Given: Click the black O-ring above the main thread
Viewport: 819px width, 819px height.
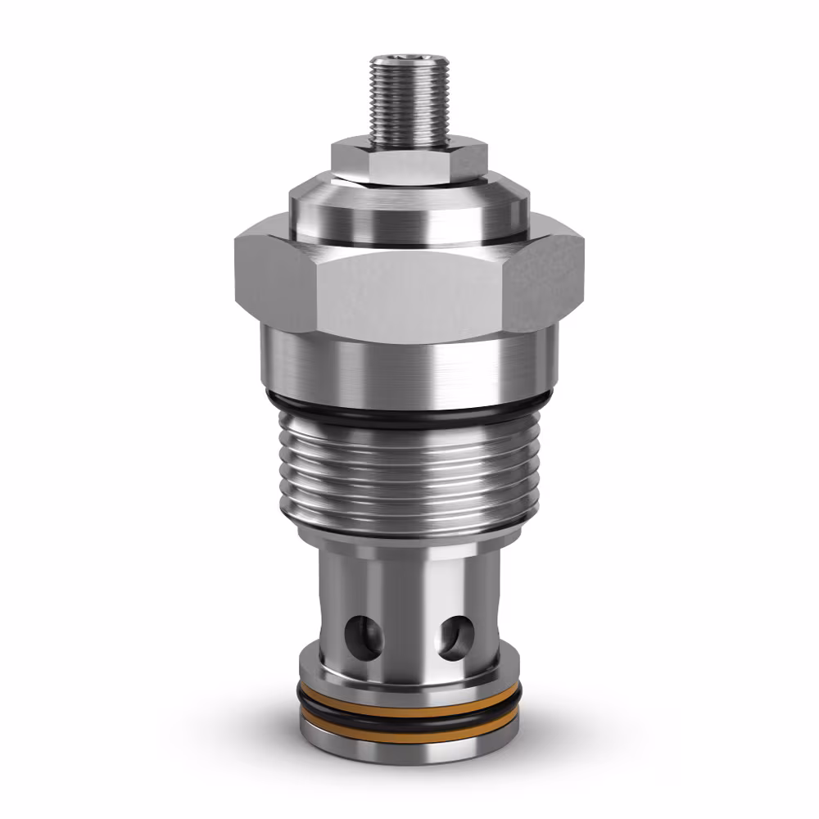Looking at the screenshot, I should point(409,412).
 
